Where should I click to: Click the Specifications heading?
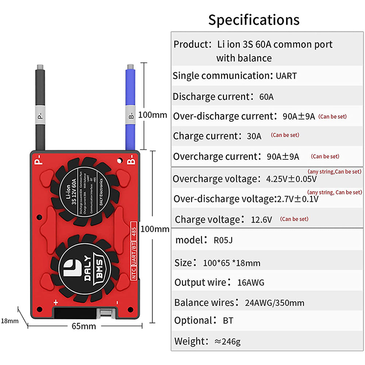point(254,20)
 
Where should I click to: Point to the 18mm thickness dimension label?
point(9,321)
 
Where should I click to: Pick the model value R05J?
point(223,240)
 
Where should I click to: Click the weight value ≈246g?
point(227,342)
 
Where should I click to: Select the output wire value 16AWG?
point(250,282)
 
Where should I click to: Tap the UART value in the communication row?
point(286,76)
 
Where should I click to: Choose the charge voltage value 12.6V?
point(261,220)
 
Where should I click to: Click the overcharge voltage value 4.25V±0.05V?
point(291,179)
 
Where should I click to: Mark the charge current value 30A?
point(254,136)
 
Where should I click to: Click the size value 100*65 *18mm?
point(232,263)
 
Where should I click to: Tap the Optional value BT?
point(228,321)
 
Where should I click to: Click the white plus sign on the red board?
point(56,302)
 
